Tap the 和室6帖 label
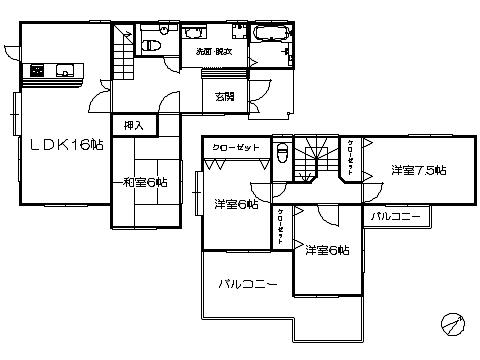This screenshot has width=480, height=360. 145,182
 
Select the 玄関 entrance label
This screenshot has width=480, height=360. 224,97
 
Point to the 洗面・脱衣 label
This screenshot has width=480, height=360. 213,50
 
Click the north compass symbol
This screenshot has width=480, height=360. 452,324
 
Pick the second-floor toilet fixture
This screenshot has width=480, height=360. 283,156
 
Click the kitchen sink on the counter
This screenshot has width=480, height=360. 65,70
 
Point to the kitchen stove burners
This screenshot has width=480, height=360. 38,70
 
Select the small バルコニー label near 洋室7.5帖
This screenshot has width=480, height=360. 398,216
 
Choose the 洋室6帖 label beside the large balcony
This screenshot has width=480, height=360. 327,250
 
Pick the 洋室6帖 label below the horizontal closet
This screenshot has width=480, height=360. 236,204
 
